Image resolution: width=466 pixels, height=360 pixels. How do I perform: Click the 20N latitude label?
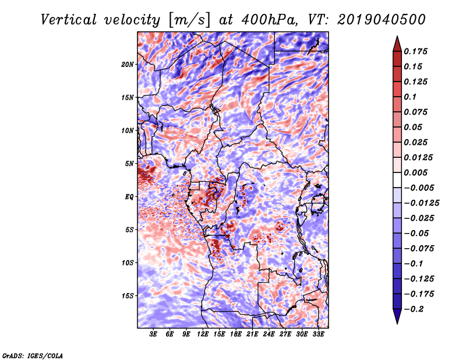coord(128,65)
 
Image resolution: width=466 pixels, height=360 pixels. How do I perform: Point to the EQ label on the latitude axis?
coord(129,197)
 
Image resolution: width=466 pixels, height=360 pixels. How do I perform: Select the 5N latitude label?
coord(129,164)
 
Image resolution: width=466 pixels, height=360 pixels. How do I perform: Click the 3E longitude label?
coord(153,334)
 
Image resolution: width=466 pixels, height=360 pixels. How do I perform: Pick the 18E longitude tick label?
coord(236,334)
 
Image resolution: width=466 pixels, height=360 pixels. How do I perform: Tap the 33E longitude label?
coord(318,334)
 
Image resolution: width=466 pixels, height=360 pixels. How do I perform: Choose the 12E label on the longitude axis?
coord(203,334)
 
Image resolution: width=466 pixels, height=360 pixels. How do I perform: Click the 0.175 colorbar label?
coord(415,51)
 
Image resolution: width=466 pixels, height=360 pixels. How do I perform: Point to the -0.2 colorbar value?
coord(413,309)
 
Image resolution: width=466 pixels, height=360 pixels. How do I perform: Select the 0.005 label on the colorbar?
coord(415,172)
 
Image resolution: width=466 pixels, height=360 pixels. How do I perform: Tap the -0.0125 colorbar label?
coord(421,203)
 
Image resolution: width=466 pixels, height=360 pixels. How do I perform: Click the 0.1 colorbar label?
coord(410,97)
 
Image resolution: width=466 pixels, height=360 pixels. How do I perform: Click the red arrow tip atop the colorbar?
coord(397,37)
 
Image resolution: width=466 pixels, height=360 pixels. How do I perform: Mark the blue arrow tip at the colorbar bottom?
coord(397,323)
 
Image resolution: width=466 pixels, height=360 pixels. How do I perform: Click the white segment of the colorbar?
coord(397,180)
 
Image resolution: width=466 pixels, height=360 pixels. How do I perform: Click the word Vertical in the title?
coord(69,20)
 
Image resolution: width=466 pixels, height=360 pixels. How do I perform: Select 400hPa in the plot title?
coord(269,20)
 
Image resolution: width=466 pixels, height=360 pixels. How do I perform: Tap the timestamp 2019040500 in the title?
coord(382,20)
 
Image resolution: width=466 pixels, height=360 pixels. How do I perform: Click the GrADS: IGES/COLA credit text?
coord(33,355)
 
